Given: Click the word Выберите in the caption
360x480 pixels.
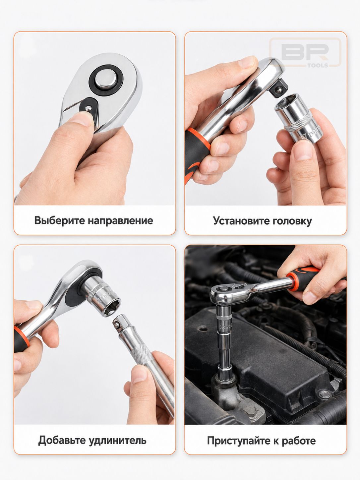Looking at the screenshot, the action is pyautogui.click(x=60, y=220).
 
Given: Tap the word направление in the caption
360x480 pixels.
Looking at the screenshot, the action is pyautogui.click(x=120, y=220).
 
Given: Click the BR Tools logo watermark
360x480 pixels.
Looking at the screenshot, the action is pyautogui.click(x=305, y=52).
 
